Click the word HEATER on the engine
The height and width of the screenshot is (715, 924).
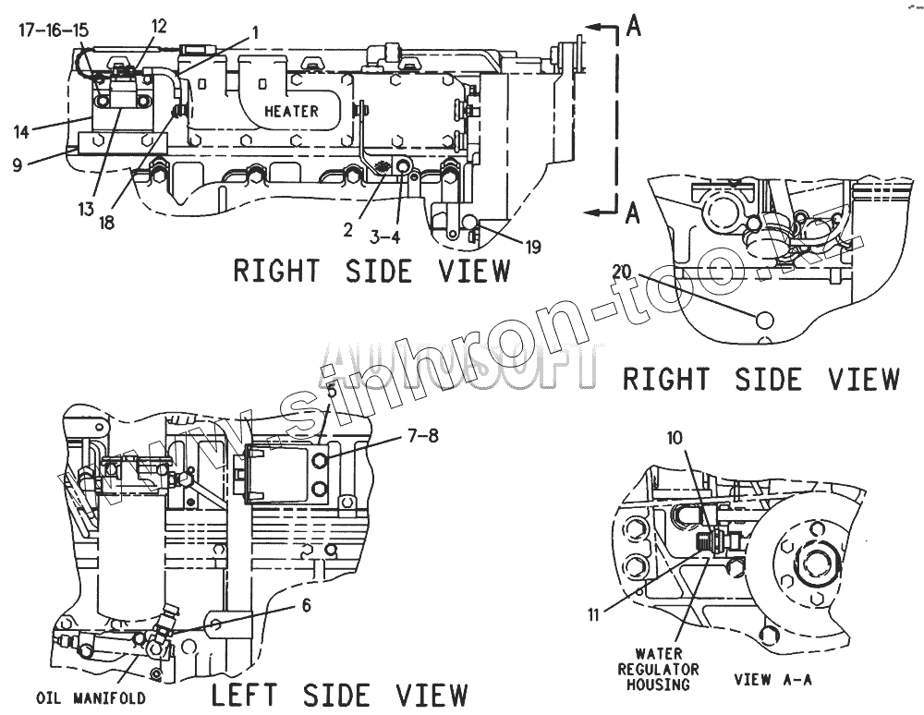coord(291,111)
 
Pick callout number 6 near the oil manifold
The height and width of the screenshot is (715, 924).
coord(306,606)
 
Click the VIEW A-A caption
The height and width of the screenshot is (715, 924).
coord(772,680)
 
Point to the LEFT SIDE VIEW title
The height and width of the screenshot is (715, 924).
coord(340,694)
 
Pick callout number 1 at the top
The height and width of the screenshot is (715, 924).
coord(255,30)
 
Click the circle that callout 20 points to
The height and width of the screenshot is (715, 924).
coord(764,320)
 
